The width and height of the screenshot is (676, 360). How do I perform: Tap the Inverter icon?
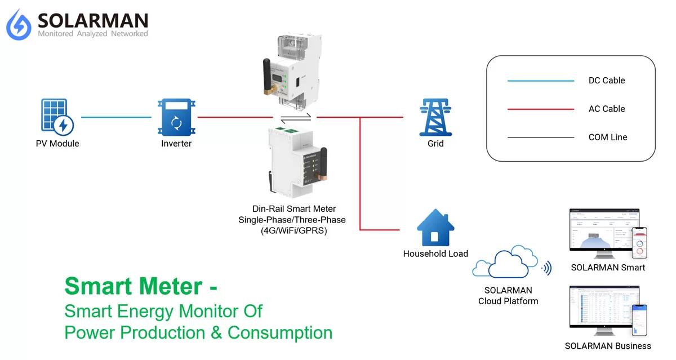click(176, 117)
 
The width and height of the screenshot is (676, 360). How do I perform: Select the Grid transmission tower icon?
click(435, 117)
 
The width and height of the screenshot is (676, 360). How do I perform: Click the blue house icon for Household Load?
click(435, 228)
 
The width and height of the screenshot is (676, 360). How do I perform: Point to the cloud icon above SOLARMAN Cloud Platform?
click(505, 263)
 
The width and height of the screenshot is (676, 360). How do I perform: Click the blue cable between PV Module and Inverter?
click(116, 117)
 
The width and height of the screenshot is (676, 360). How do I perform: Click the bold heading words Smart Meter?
click(133, 286)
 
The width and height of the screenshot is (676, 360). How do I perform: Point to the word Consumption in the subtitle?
click(280, 332)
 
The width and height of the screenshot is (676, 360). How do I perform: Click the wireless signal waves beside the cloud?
click(546, 268)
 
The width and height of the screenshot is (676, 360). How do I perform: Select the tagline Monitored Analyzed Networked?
click(93, 34)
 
